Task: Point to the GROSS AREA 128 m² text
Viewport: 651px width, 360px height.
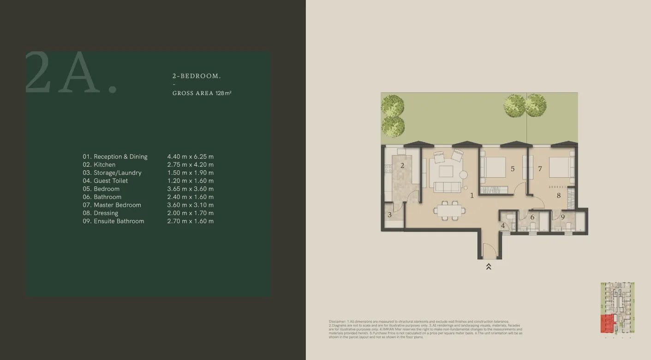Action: click(202, 93)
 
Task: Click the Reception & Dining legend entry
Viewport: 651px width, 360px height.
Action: click(115, 157)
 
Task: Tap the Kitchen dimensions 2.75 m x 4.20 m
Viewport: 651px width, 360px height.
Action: click(190, 165)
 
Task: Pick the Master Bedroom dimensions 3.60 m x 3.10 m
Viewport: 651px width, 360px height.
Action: click(190, 205)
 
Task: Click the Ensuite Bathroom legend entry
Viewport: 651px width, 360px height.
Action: click(113, 221)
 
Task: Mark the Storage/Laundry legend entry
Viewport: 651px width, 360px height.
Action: click(112, 173)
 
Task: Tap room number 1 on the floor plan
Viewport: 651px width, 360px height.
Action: click(472, 196)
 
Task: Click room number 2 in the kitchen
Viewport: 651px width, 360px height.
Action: click(402, 166)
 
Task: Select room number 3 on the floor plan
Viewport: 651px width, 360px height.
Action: click(390, 215)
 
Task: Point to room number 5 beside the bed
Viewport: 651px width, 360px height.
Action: click(513, 169)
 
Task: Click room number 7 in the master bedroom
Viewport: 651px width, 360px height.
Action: click(540, 169)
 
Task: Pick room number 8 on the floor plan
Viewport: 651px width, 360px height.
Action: click(559, 196)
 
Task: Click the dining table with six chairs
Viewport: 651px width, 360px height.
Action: click(449, 211)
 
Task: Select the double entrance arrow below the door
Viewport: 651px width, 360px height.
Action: click(489, 266)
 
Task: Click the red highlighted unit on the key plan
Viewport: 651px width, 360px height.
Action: click(607, 324)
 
